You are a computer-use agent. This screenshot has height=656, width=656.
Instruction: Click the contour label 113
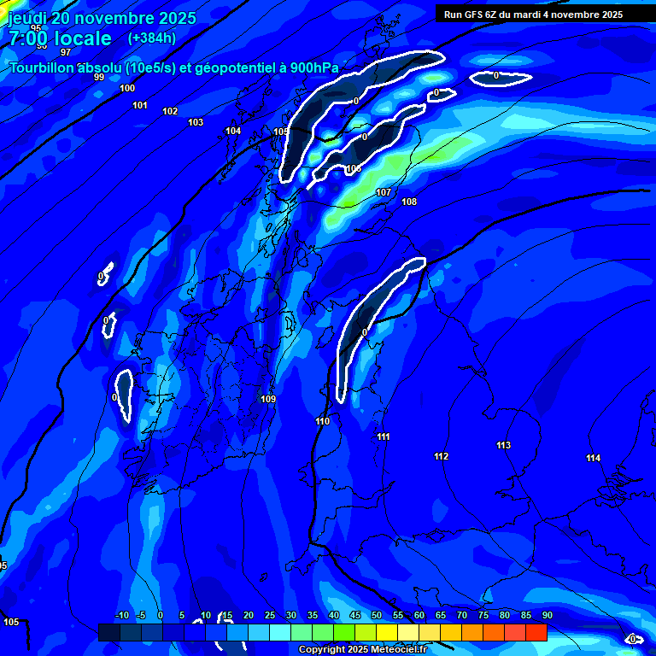pos(503,445)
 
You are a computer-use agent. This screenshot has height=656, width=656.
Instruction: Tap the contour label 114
pos(593,458)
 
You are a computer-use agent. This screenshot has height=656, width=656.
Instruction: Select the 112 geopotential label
pos(441,456)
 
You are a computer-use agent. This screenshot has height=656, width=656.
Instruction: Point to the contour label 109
pos(268,399)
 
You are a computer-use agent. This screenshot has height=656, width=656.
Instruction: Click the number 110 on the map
pos(322,421)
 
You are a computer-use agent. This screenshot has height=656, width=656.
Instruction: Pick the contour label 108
pos(409,202)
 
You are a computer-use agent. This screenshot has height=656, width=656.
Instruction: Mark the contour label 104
pos(233,131)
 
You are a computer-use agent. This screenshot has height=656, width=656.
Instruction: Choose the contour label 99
pos(99,78)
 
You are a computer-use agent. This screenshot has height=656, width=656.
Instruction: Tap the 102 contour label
pos(170,111)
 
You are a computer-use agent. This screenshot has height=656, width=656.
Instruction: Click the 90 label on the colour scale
pos(547,615)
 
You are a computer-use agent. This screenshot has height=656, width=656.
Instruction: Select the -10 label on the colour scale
pos(121,615)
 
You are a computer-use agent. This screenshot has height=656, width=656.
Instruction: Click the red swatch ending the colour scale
pos(536,632)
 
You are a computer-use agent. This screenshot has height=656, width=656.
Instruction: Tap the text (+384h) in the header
pos(152,38)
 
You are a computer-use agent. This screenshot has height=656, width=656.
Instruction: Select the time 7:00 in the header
pos(28,38)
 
